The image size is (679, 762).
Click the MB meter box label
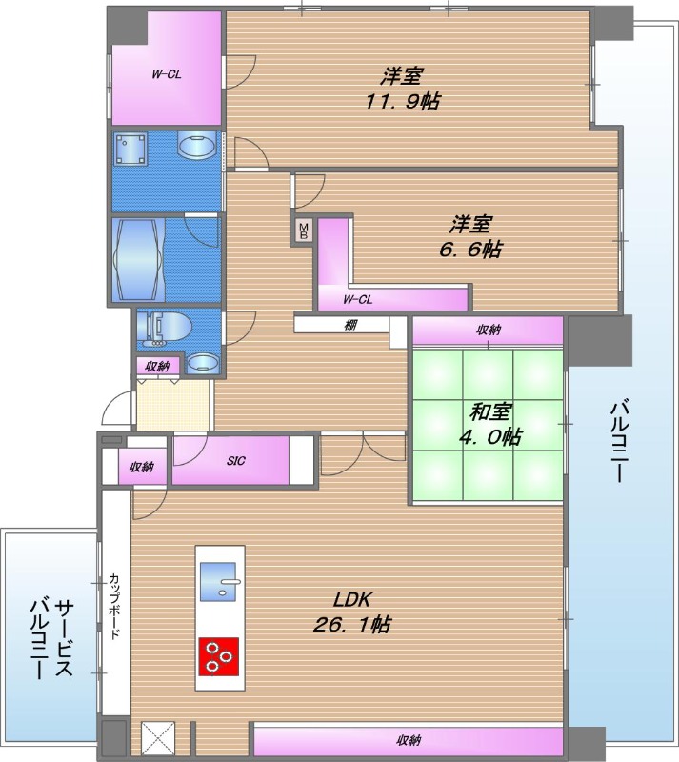coord(304,231)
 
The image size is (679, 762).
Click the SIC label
coord(236,461)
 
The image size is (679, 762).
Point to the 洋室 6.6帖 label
coord(470,237)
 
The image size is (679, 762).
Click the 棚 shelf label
coord(350,325)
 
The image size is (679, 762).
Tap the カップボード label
coord(114,605)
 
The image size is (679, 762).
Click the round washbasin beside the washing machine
coord(197,150)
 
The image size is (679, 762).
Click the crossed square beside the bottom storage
coord(154,738)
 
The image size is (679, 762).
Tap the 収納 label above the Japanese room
coord(489,331)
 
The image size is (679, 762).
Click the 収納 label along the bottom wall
coord(409,740)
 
